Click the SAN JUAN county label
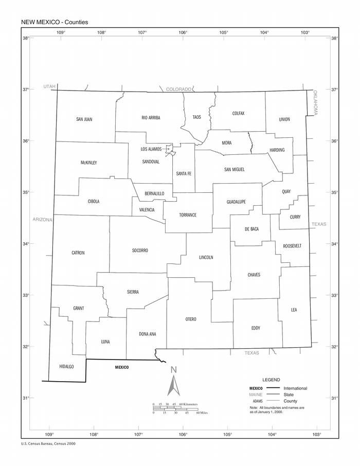point(84,119)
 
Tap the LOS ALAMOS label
point(151,149)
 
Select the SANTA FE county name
point(184,174)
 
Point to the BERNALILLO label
point(154,193)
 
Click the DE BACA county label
point(251,229)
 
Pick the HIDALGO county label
point(67,367)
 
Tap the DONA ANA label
point(148,334)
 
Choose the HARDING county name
point(277,150)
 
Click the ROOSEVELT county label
point(292,246)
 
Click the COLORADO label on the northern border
point(178,89)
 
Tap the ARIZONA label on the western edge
point(43,220)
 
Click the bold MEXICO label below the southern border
point(122,367)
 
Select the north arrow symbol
point(174,383)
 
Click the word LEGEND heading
point(271,379)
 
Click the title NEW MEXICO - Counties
point(55,22)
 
